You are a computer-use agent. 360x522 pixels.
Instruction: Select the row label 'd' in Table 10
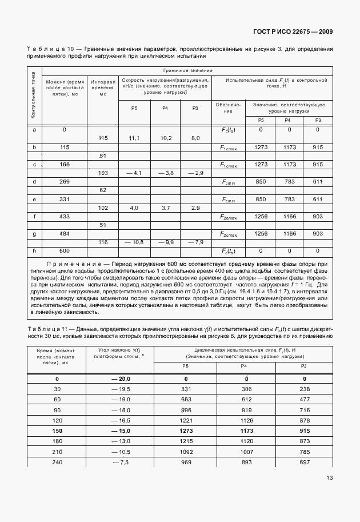coord(35,182)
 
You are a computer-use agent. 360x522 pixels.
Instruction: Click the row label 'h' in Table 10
coord(35,251)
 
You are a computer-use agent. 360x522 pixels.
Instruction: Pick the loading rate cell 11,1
coord(134,138)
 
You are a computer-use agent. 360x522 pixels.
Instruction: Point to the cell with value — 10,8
coord(134,242)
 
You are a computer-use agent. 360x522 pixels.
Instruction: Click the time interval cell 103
coord(103,173)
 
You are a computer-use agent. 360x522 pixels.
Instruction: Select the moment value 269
coord(65,182)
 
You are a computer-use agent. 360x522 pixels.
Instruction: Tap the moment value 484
coord(65,234)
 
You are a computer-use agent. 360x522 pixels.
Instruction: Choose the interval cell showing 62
coord(103,190)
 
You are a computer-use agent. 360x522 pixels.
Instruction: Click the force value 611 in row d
coord(318,182)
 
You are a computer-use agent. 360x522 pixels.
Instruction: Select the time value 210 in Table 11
coord(57,451)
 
